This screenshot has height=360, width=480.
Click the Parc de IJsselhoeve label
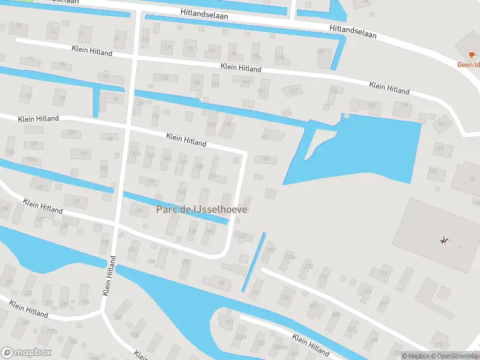[x=202, y=209]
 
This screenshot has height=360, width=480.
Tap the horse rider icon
[x=444, y=241]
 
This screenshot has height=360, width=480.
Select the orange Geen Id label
[x=469, y=64]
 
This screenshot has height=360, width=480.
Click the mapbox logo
[x=26, y=353]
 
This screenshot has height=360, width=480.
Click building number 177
[x=320, y=53]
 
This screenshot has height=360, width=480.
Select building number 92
[x=26, y=95]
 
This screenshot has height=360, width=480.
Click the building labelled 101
[x=83, y=154]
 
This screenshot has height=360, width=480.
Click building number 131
[x=76, y=201]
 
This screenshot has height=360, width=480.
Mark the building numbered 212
[x=271, y=250]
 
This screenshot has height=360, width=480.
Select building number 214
[x=323, y=277]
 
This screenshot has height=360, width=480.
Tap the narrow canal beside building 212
[x=254, y=262]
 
